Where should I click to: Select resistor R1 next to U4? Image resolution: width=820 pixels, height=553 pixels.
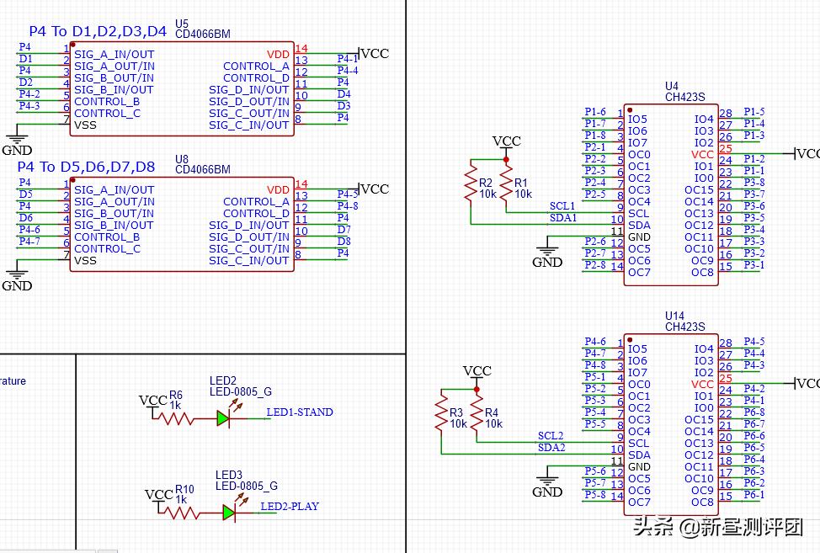pyautogui.click(x=506, y=183)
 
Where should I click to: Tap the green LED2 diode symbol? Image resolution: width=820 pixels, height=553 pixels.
pyautogui.click(x=223, y=418)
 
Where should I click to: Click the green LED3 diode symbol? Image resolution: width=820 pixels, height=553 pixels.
pyautogui.click(x=229, y=512)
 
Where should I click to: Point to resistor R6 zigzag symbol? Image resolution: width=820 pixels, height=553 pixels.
pyautogui.click(x=178, y=418)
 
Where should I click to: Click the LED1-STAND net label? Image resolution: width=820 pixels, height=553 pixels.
pyautogui.click(x=300, y=412)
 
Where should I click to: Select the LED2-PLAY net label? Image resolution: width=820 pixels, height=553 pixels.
pyautogui.click(x=290, y=507)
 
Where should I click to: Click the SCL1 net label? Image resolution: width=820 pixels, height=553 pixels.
pyautogui.click(x=562, y=206)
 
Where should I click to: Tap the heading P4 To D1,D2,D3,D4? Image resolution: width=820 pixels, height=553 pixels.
pyautogui.click(x=93, y=32)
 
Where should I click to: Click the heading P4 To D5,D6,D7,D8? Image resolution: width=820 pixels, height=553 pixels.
pyautogui.click(x=86, y=167)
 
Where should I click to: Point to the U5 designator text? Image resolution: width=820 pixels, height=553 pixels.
pyautogui.click(x=182, y=24)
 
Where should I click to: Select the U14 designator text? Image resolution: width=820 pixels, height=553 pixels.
pyautogui.click(x=674, y=316)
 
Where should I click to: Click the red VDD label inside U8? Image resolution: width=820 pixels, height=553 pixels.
pyautogui.click(x=278, y=190)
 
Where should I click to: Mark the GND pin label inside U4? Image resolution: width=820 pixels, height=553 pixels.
pyautogui.click(x=639, y=237)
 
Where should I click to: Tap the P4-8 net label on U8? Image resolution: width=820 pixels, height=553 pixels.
pyautogui.click(x=348, y=206)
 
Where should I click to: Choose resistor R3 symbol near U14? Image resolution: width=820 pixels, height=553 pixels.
pyautogui.click(x=439, y=413)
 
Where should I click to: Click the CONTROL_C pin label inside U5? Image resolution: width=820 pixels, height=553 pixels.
pyautogui.click(x=107, y=114)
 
